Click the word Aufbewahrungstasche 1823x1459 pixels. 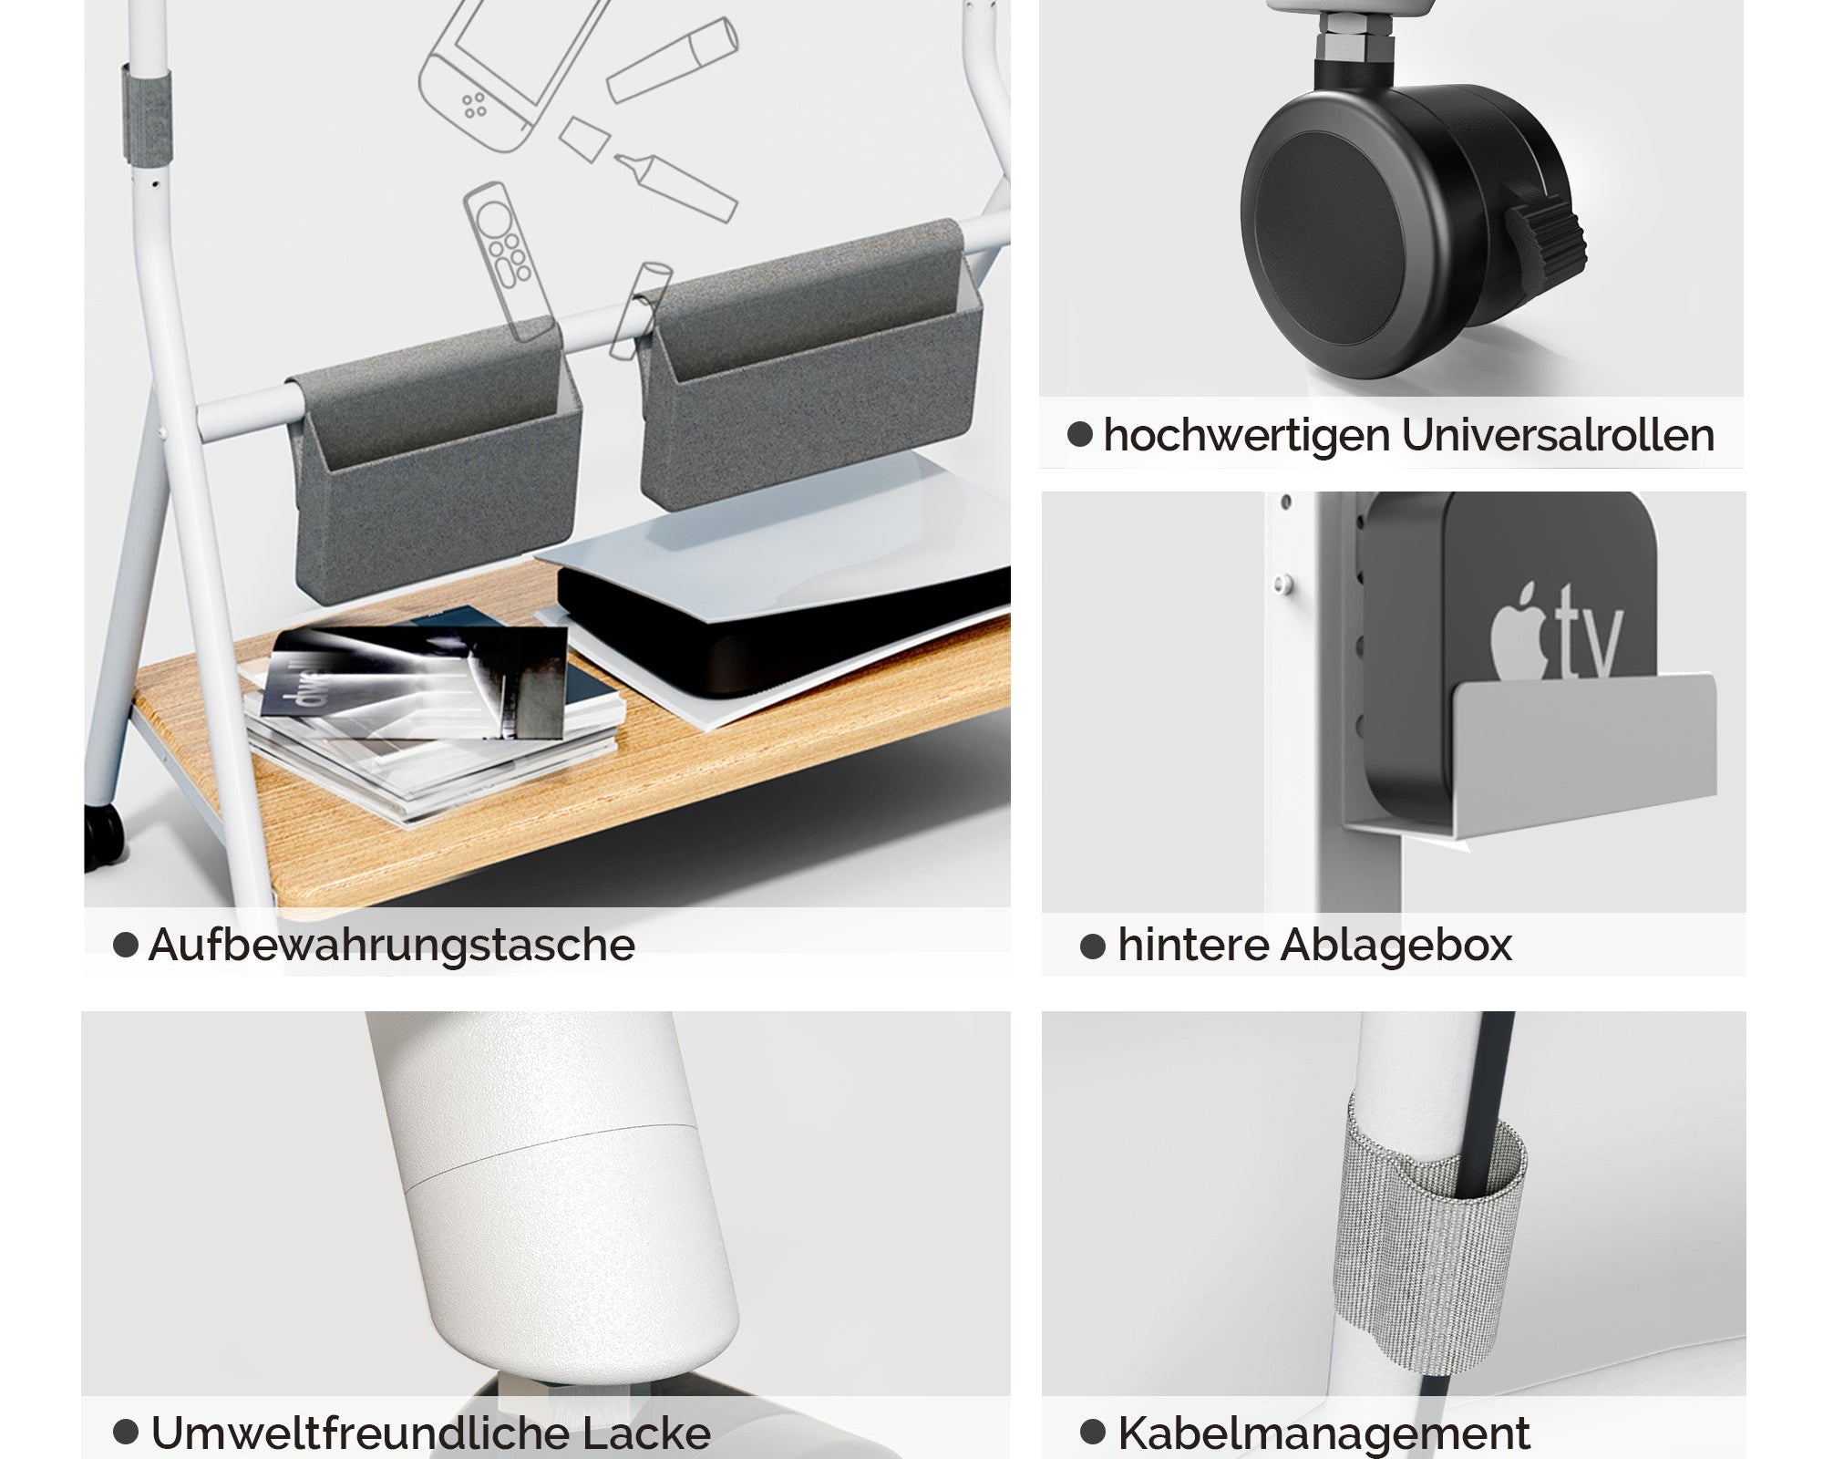(x=392, y=945)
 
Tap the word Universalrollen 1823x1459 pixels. (x=1559, y=435)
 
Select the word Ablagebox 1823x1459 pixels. (x=1396, y=945)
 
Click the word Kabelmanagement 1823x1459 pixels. (x=1324, y=1433)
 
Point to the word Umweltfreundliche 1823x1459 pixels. (x=359, y=1433)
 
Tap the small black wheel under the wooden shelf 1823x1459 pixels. (x=103, y=834)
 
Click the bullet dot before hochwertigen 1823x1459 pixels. (x=1080, y=434)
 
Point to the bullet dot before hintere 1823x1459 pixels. (x=1092, y=946)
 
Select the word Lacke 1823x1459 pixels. (x=646, y=1433)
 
